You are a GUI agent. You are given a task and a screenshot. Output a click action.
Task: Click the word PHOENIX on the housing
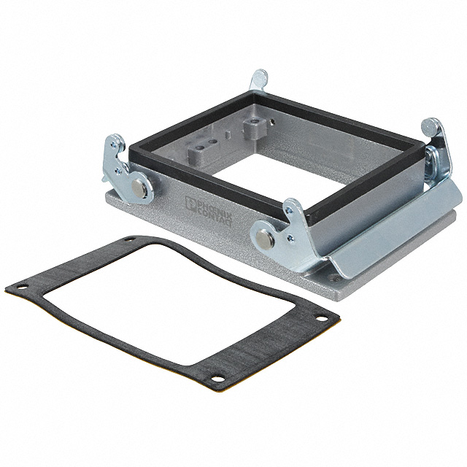click(x=215, y=208)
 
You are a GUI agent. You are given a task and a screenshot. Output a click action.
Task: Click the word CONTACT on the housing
click(x=213, y=216)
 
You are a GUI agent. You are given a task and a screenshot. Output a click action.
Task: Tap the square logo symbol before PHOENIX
click(x=190, y=203)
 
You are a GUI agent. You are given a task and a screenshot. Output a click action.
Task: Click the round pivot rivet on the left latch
click(x=139, y=188)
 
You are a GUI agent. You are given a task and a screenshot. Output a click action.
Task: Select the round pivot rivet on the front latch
click(x=265, y=238)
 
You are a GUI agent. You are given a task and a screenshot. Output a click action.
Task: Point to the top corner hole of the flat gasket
click(x=130, y=239)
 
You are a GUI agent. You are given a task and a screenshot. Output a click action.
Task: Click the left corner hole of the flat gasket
click(x=21, y=287)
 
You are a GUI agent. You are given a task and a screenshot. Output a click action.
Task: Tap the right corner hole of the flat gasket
click(x=322, y=318)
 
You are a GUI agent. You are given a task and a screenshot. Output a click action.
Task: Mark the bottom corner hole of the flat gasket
click(x=217, y=379)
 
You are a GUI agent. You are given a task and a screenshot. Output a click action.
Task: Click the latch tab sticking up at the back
click(x=258, y=80)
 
